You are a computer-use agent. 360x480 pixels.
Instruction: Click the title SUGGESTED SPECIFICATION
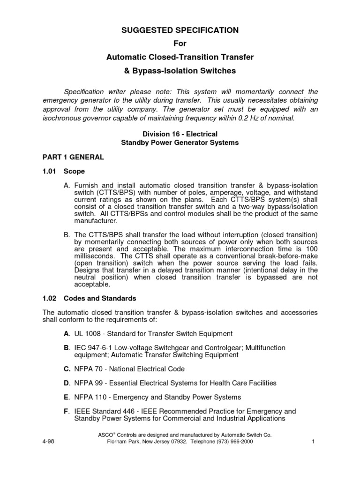(180, 30)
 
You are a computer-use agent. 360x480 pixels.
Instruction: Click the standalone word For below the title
(180, 44)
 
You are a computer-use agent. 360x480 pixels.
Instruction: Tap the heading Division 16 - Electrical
(180, 134)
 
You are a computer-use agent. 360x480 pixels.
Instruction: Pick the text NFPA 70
(89, 369)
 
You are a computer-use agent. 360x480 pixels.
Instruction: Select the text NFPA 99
(89, 383)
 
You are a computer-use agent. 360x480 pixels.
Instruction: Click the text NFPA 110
(91, 397)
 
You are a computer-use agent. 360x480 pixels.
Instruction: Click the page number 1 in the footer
(312, 442)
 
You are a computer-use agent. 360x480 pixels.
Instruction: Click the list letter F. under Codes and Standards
(67, 411)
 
